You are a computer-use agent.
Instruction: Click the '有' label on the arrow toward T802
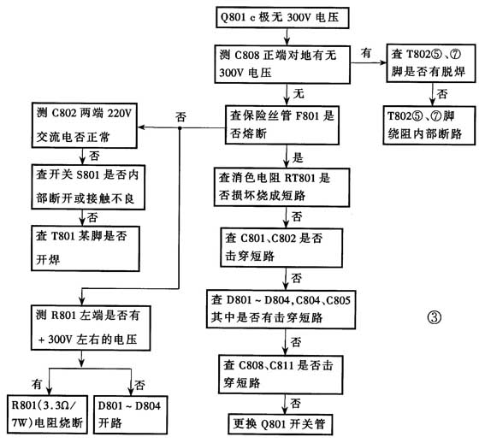(366, 53)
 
